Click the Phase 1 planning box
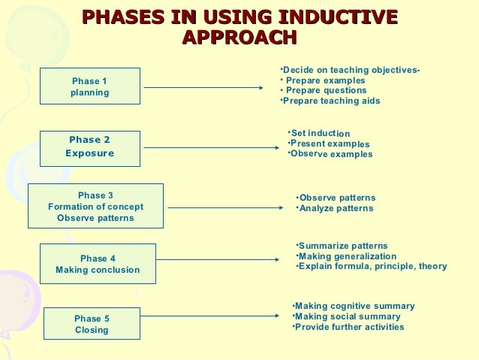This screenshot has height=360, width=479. point(89,87)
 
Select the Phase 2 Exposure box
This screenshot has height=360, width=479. point(89,147)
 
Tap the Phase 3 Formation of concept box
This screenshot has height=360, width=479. point(95,207)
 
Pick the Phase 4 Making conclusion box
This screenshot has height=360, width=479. point(98,264)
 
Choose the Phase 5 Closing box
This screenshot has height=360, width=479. point(92,324)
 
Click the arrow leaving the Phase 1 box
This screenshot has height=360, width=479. point(203,87)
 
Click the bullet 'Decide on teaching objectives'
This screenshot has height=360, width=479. point(351,71)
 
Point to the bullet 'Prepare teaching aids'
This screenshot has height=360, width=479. point(330,101)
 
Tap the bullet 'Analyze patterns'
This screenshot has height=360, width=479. point(336,208)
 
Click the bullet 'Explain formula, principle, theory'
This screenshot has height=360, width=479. point(372,266)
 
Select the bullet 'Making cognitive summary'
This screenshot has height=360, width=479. point(354,306)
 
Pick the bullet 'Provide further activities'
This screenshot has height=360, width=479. point(349,327)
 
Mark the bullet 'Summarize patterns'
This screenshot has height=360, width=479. point(343,246)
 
